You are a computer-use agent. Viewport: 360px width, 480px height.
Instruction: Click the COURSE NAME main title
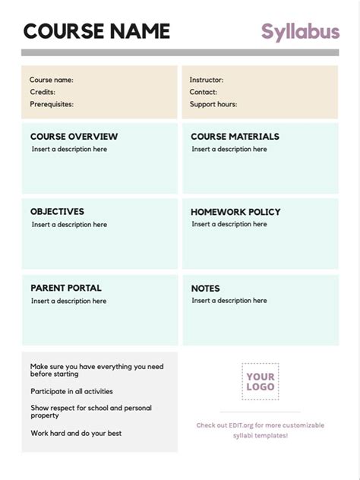pyautogui.click(x=96, y=31)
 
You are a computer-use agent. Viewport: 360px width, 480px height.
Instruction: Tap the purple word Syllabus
pyautogui.click(x=300, y=31)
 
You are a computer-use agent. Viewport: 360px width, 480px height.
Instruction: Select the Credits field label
pyautogui.click(x=43, y=92)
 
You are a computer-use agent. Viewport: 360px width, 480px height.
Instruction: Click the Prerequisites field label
pyautogui.click(x=52, y=104)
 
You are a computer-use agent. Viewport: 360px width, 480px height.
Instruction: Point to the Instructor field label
pyautogui.click(x=207, y=80)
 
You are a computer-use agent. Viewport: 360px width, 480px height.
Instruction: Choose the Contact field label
pyautogui.click(x=204, y=92)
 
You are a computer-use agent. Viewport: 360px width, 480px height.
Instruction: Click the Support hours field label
pyautogui.click(x=213, y=104)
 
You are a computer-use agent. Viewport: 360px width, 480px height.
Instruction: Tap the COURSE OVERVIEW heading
pyautogui.click(x=74, y=137)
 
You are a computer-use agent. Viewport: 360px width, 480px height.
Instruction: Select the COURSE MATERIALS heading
pyautogui.click(x=235, y=137)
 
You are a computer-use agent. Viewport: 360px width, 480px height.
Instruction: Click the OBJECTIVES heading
pyautogui.click(x=57, y=212)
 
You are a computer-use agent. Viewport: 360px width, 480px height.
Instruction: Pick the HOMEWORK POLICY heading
pyautogui.click(x=235, y=212)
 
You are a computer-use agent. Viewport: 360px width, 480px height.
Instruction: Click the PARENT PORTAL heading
pyautogui.click(x=65, y=288)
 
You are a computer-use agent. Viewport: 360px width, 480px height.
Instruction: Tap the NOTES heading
pyautogui.click(x=205, y=289)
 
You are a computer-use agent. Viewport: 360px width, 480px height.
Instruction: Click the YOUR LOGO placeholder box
pyautogui.click(x=261, y=381)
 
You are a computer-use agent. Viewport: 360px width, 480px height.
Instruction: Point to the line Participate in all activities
pyautogui.click(x=71, y=392)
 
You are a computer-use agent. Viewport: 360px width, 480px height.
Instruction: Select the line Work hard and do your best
pyautogui.click(x=76, y=434)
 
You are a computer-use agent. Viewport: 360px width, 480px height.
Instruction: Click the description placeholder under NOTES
pyautogui.click(x=229, y=301)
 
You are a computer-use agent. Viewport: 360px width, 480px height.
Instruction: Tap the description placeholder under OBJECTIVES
pyautogui.click(x=69, y=225)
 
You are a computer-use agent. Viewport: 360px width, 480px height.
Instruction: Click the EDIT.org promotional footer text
pyautogui.click(x=261, y=430)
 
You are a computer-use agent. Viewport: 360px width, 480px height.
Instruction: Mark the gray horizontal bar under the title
pyautogui.click(x=180, y=52)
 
